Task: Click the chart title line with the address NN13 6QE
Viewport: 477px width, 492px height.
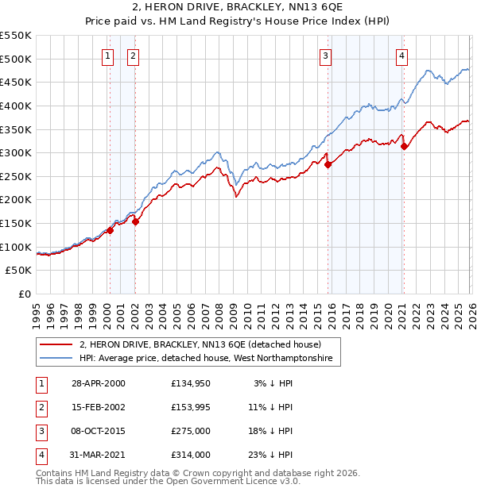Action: (x=238, y=8)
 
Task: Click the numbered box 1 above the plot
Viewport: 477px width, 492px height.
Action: (x=107, y=56)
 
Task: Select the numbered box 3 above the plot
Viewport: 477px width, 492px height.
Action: (x=326, y=56)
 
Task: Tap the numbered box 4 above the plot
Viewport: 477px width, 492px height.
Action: (x=403, y=56)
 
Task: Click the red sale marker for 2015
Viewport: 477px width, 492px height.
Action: (x=328, y=164)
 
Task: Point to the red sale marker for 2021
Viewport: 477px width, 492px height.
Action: (x=405, y=146)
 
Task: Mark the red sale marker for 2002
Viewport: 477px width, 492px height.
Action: (x=135, y=221)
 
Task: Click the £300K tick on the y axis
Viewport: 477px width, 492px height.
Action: (x=16, y=152)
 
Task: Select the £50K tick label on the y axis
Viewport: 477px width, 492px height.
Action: (x=18, y=271)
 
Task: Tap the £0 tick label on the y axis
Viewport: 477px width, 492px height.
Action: (x=24, y=294)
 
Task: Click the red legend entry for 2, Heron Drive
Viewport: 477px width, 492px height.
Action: (x=200, y=345)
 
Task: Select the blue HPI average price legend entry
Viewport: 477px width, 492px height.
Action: (x=209, y=359)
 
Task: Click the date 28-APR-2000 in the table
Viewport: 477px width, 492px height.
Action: (x=98, y=383)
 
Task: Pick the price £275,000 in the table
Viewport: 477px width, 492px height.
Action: (x=191, y=431)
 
